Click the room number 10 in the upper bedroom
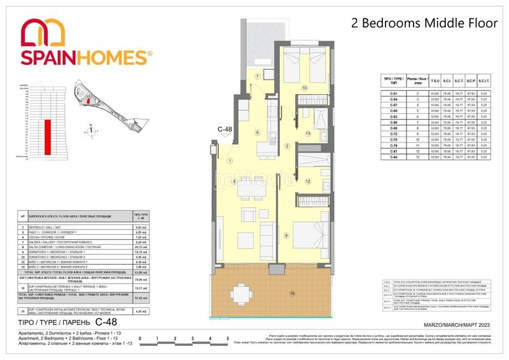tap(305, 88)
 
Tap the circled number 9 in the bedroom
tap(286, 236)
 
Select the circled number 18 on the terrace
tap(292, 293)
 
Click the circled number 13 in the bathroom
tap(307, 134)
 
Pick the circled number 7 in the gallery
tap(258, 76)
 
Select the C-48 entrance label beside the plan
tap(225, 130)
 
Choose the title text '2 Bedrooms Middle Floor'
tap(424, 24)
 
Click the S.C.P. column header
tap(472, 80)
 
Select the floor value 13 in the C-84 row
tap(417, 157)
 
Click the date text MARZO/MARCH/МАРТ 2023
tap(456, 325)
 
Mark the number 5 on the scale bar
tap(227, 338)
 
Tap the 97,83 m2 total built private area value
tap(141, 298)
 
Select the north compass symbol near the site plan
tap(94, 130)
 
